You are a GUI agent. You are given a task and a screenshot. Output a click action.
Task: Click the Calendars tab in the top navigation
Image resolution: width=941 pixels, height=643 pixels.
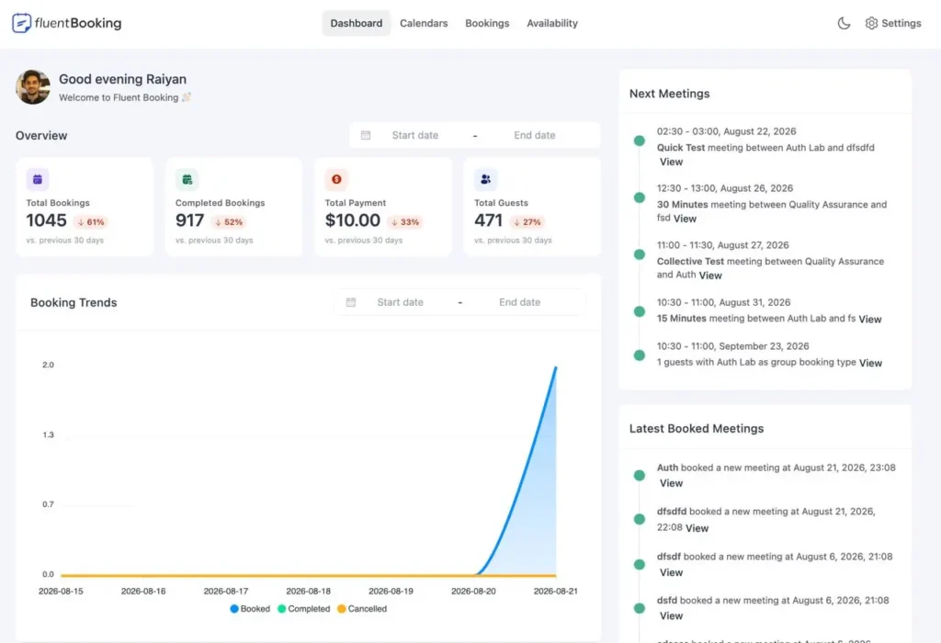click(x=424, y=23)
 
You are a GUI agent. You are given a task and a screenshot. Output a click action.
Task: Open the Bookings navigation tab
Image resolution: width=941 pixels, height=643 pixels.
click(x=487, y=23)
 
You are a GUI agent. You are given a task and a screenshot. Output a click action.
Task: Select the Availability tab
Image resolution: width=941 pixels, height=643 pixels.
click(x=552, y=23)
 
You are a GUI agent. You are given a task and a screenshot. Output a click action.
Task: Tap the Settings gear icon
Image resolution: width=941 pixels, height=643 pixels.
click(x=871, y=23)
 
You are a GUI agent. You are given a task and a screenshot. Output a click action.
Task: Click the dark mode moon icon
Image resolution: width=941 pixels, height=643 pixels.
click(x=844, y=23)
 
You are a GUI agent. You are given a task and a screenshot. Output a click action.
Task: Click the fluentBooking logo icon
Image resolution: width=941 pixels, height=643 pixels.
click(x=22, y=23)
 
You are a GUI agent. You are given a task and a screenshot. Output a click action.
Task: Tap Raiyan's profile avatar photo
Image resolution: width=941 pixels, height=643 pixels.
click(x=33, y=87)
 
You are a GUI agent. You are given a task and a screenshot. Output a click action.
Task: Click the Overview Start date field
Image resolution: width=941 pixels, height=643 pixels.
click(x=414, y=136)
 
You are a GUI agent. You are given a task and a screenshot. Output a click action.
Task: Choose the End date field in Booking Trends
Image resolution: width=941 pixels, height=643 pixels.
click(x=520, y=302)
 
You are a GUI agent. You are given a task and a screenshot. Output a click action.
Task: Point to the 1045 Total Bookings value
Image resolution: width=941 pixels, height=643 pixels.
click(x=46, y=220)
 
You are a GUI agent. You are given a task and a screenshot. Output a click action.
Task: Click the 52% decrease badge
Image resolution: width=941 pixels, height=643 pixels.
click(x=229, y=222)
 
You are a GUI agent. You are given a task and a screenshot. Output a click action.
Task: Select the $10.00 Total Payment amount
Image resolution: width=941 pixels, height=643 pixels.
click(x=352, y=220)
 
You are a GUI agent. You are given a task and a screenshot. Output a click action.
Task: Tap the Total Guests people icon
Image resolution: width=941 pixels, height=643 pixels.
click(x=485, y=179)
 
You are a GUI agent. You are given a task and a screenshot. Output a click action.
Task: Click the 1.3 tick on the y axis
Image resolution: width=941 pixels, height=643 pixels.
click(x=48, y=434)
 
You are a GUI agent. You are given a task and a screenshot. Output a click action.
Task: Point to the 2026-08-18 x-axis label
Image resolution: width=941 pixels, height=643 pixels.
click(x=308, y=592)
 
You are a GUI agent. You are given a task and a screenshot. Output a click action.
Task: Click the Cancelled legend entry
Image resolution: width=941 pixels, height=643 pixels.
click(x=362, y=609)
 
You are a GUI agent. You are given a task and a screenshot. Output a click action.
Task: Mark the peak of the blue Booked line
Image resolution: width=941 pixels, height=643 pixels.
click(x=556, y=367)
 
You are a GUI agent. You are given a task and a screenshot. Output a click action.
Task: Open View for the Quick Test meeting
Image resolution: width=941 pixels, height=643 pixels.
click(x=671, y=162)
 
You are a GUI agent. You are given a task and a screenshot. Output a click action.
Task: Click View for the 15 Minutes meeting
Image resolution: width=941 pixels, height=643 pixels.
click(x=870, y=319)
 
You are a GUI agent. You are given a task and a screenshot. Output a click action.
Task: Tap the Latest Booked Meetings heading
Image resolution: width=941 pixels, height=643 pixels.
click(x=697, y=429)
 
